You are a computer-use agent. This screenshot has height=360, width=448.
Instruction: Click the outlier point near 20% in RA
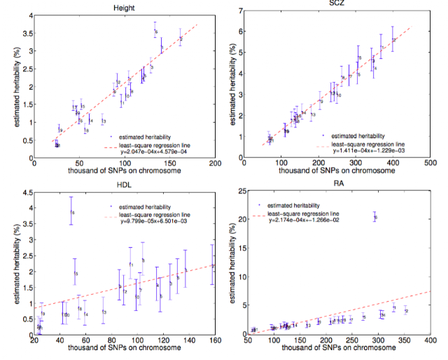click(x=375, y=217)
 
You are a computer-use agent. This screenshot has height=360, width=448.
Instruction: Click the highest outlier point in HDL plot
click(x=72, y=212)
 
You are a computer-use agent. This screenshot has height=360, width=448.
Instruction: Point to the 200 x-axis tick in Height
click(x=214, y=162)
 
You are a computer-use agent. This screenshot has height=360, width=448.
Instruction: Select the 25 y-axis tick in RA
click(x=239, y=191)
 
